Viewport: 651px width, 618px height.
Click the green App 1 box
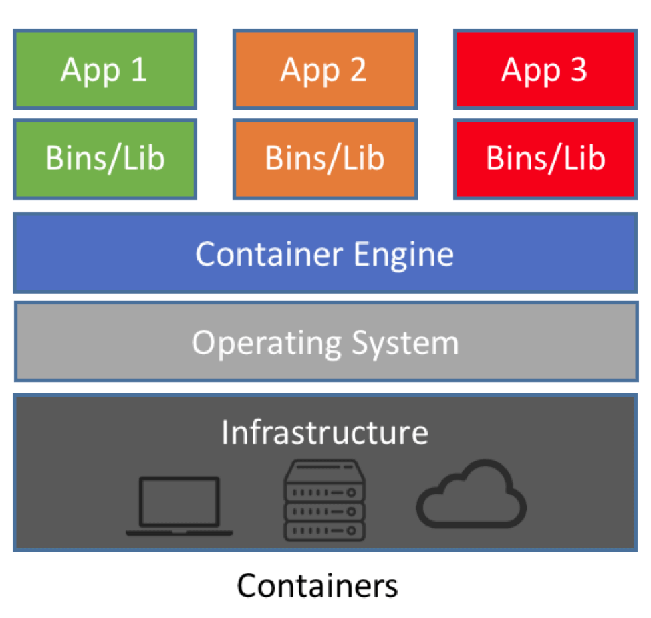pyautogui.click(x=104, y=70)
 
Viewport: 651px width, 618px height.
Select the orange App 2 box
pyautogui.click(x=325, y=70)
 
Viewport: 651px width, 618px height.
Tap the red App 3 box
pyautogui.click(x=545, y=70)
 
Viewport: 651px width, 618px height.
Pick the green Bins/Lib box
pyautogui.click(x=104, y=159)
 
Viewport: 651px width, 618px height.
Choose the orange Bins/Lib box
pyautogui.click(x=325, y=159)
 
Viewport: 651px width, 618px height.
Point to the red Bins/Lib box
pyautogui.click(x=545, y=159)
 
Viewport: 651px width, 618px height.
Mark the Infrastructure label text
pyautogui.click(x=325, y=432)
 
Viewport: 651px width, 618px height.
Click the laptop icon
pyautogui.click(x=179, y=506)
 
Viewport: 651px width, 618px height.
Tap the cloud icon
pyautogui.click(x=472, y=495)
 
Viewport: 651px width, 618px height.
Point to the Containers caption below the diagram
pyautogui.click(x=317, y=587)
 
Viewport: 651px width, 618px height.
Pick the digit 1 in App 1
pyautogui.click(x=138, y=70)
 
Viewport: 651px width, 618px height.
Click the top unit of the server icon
pyautogui.click(x=325, y=474)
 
